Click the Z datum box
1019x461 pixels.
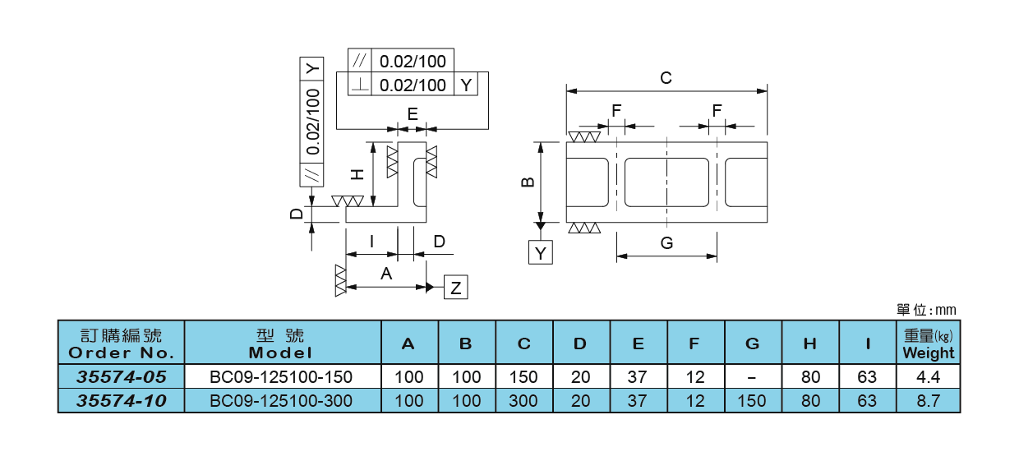(x=456, y=288)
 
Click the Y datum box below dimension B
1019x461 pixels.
(x=540, y=253)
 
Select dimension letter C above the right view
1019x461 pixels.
(x=666, y=78)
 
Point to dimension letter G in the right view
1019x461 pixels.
(x=666, y=243)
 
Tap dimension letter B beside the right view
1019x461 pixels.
(x=529, y=182)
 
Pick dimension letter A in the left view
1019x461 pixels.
(x=386, y=274)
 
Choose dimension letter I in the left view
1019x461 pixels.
(x=372, y=242)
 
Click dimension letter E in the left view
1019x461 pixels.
(x=413, y=113)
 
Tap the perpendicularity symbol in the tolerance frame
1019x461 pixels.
(x=360, y=85)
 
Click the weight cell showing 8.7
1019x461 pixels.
(x=929, y=401)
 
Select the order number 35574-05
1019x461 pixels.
(x=122, y=377)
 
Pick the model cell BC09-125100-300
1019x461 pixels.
(x=282, y=401)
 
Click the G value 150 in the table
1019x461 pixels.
(x=753, y=401)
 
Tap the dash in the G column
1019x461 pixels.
(x=753, y=377)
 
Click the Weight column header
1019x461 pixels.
(x=929, y=343)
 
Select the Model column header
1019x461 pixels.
(x=282, y=343)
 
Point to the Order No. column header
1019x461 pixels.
(x=122, y=343)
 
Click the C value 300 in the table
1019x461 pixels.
(x=523, y=401)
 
